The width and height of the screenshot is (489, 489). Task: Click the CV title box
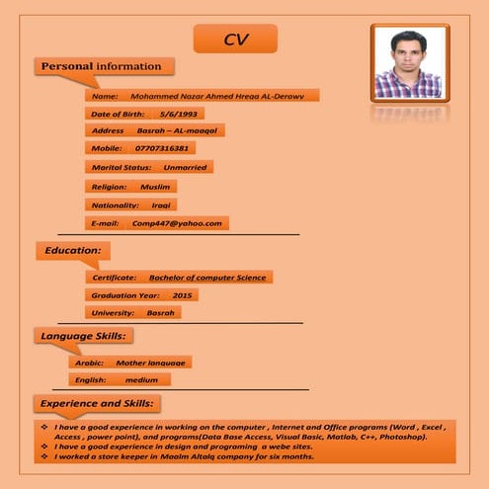(234, 39)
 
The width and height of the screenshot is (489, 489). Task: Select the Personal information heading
(104, 66)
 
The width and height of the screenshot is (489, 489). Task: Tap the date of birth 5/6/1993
(177, 114)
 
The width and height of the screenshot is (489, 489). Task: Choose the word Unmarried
(185, 167)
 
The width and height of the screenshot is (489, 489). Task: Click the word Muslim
(155, 186)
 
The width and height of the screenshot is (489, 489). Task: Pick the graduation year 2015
(183, 294)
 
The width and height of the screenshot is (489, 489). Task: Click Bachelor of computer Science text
(206, 278)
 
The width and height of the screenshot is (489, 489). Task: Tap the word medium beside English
(141, 379)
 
